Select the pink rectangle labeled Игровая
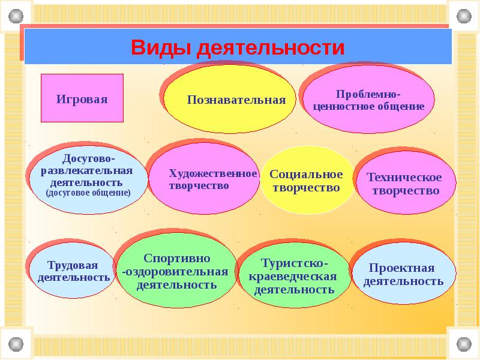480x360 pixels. click(82, 98)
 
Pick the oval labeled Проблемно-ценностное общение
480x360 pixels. click(368, 100)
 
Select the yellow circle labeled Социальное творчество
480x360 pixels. click(306, 181)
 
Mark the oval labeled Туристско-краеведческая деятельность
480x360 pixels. click(294, 277)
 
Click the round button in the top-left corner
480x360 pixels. click(15, 14)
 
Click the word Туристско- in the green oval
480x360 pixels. click(294, 264)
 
